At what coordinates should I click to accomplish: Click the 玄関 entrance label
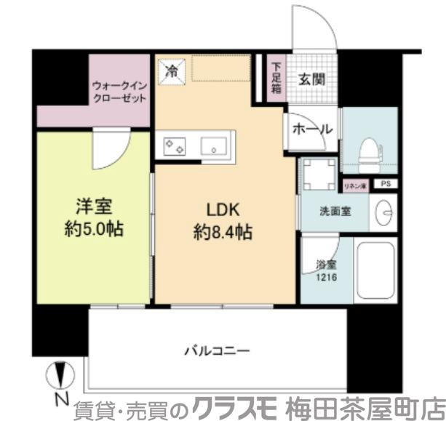(311, 80)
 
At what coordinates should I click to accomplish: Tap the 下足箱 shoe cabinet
(276, 77)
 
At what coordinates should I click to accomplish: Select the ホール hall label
(312, 129)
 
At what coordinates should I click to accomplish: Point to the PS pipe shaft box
(383, 185)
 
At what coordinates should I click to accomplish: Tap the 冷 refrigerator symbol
(172, 71)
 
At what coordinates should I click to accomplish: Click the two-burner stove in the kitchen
(175, 145)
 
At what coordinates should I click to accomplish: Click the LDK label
(223, 210)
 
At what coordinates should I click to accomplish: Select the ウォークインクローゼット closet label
(120, 92)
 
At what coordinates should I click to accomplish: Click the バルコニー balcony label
(216, 350)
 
